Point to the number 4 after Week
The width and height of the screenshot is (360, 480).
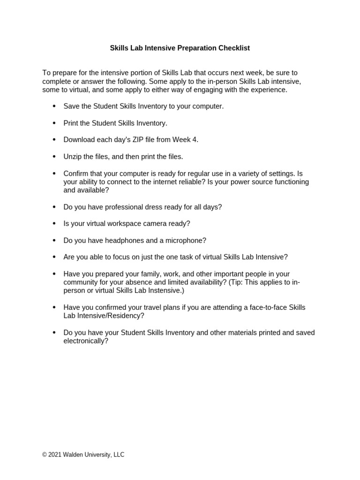196,140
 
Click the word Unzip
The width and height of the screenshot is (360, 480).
74,157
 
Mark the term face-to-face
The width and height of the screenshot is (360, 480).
266,307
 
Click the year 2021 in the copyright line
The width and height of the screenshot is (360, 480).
54,455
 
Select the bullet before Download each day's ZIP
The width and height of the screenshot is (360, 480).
53,140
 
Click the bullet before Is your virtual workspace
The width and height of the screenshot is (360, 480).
53,224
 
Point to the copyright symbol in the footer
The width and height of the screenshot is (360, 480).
45,455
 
